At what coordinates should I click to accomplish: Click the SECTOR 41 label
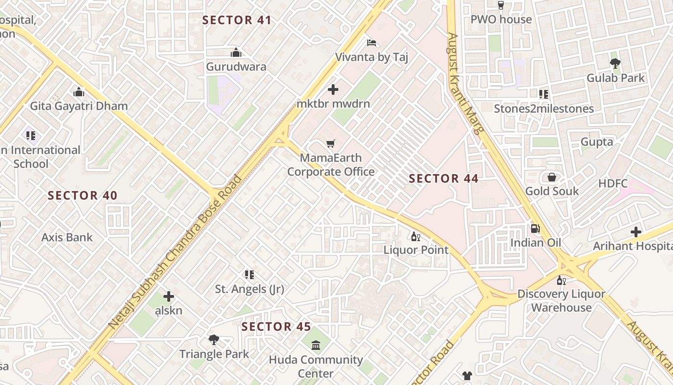[x=237, y=20]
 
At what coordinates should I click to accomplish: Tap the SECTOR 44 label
[x=443, y=179]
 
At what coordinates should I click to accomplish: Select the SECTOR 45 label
[x=276, y=327]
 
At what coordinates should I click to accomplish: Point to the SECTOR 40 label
[x=83, y=195]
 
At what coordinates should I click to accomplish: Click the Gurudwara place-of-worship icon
[x=236, y=52]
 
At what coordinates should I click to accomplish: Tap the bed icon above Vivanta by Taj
[x=371, y=43]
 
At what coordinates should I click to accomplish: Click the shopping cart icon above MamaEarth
[x=330, y=144]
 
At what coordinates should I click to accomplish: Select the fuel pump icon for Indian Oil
[x=535, y=228]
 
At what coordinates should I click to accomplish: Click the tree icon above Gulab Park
[x=615, y=63]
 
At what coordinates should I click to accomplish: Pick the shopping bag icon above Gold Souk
[x=552, y=177]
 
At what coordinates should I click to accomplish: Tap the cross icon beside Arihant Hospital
[x=636, y=232]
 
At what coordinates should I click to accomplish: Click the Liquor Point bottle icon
[x=415, y=236]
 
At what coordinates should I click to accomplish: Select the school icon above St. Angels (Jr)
[x=249, y=275]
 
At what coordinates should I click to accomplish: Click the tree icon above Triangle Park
[x=214, y=340]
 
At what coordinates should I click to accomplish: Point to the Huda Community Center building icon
[x=316, y=345]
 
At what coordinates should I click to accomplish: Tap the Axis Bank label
[x=67, y=237]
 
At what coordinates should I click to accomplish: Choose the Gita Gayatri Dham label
[x=79, y=106]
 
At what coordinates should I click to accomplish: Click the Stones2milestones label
[x=544, y=109]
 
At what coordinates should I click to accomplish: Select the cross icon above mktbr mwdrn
[x=333, y=89]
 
